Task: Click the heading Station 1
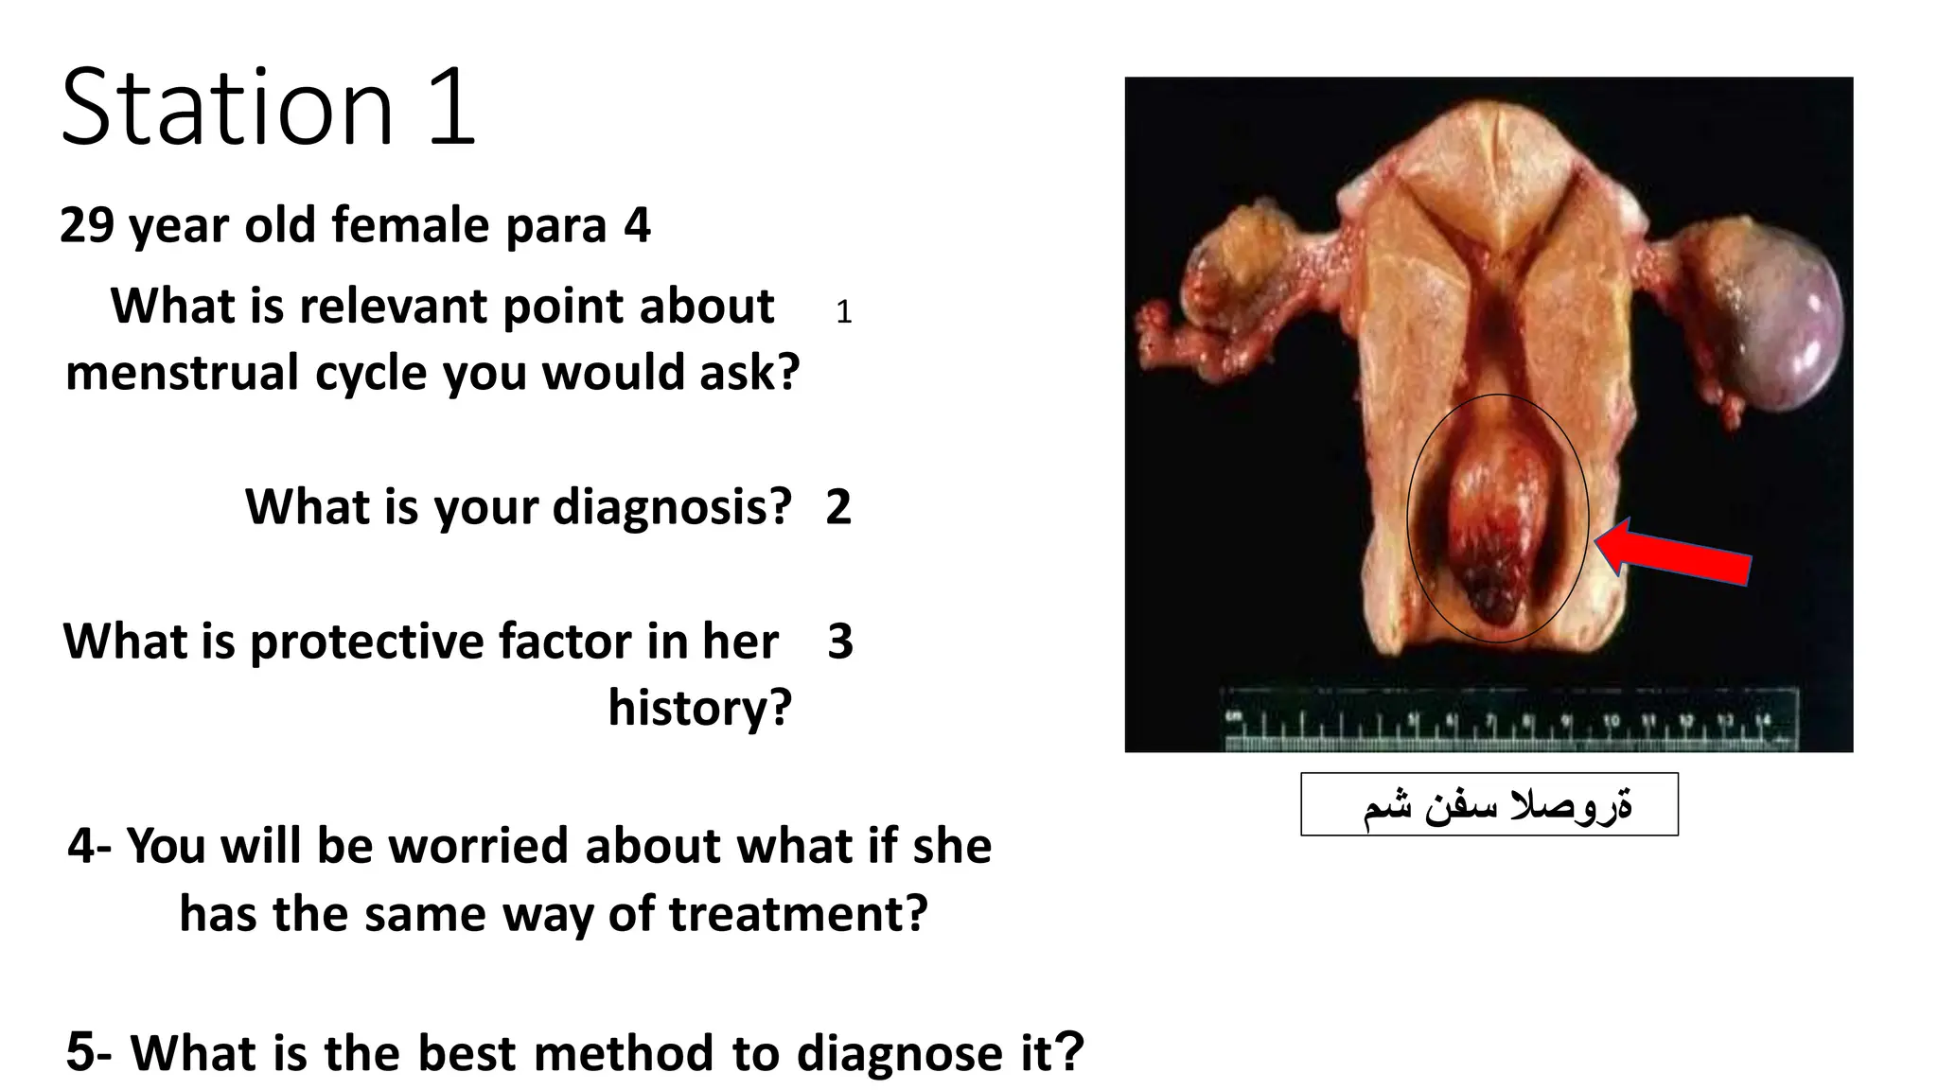[268, 106]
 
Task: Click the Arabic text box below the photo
[1489, 804]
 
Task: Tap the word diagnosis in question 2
[672, 507]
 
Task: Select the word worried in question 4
[478, 845]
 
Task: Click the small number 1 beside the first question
[843, 312]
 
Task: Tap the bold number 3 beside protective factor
[839, 642]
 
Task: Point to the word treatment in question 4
[798, 914]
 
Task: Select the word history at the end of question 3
[698, 708]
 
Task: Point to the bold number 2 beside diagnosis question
[838, 507]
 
